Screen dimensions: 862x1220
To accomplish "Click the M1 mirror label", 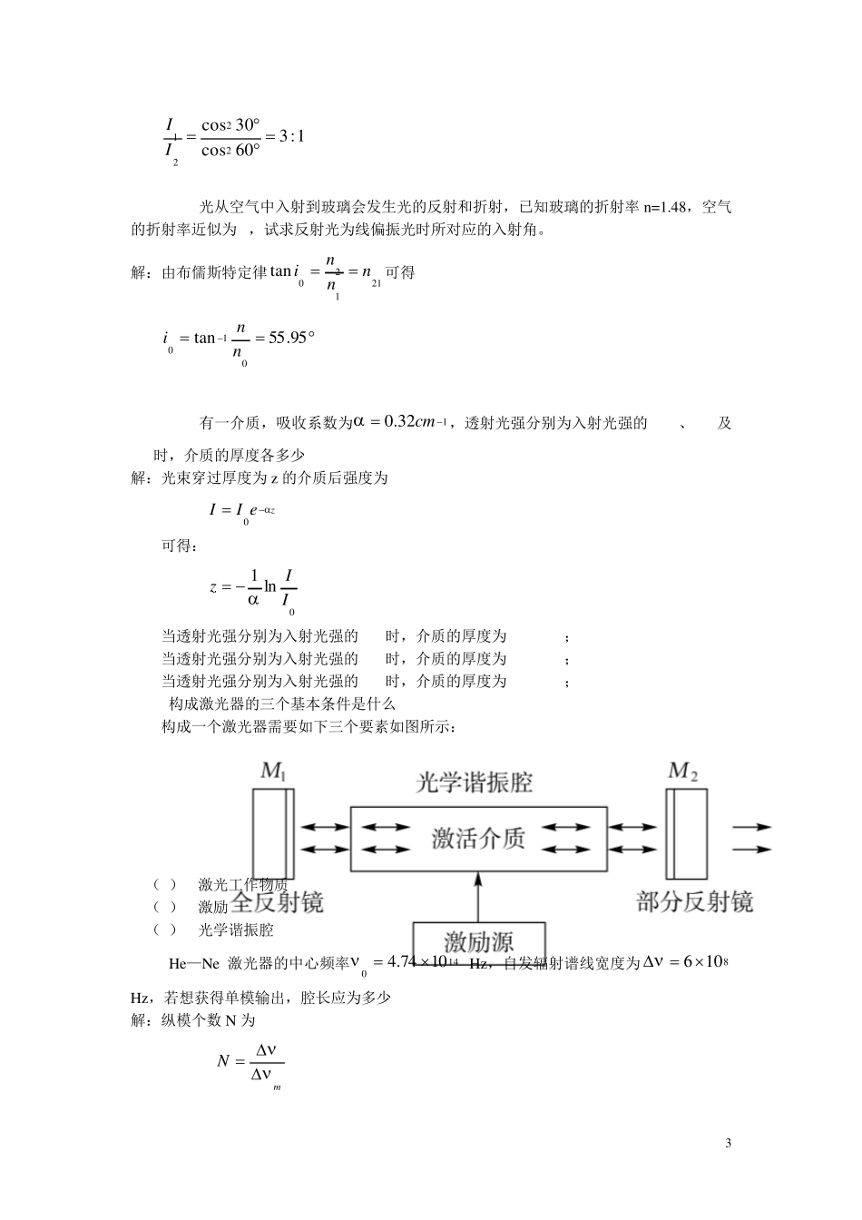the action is [x=273, y=772].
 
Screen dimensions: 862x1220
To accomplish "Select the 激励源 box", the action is [x=478, y=940].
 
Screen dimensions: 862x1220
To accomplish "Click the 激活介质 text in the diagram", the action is [x=478, y=838].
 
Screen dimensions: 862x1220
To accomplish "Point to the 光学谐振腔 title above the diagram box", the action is [x=474, y=782].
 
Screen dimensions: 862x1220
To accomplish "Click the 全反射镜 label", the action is [x=278, y=901].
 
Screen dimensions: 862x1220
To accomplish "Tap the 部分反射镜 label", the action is [x=695, y=901].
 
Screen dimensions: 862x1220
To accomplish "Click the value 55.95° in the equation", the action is [x=291, y=339].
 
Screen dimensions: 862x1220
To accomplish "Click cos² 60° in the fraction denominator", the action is [x=230, y=150].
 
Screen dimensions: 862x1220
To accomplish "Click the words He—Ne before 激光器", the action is [x=193, y=963].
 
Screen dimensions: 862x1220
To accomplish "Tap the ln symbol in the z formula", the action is [x=269, y=586].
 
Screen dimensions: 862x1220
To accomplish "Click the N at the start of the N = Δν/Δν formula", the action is [x=223, y=1060].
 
